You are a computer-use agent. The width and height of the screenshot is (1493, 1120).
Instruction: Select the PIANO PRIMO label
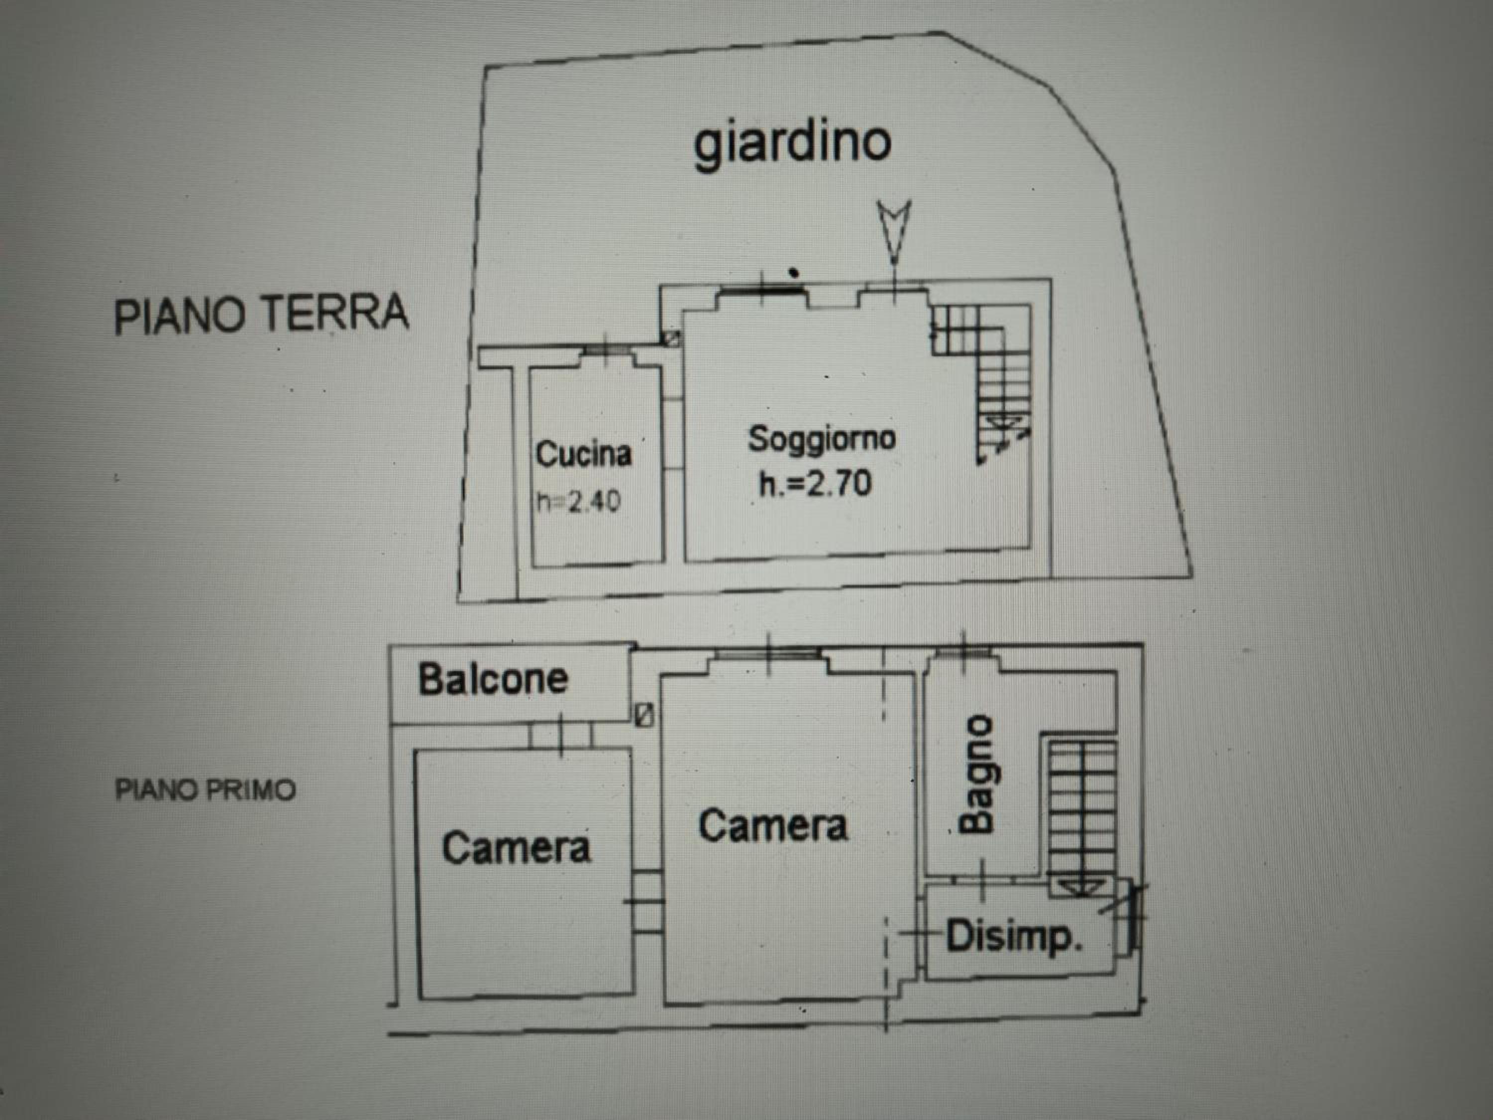(x=205, y=790)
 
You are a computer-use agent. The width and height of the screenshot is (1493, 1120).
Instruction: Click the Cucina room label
(x=583, y=453)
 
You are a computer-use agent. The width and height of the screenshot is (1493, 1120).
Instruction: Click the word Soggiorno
(x=822, y=440)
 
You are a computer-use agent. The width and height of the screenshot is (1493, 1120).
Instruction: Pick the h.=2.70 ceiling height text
(x=815, y=483)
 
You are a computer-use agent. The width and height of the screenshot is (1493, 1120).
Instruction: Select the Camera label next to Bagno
(x=773, y=826)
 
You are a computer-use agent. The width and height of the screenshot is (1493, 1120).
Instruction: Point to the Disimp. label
(x=1014, y=936)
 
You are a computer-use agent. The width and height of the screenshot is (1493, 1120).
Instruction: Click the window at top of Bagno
(x=964, y=654)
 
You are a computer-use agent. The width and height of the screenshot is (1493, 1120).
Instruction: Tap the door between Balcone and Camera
(x=560, y=735)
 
